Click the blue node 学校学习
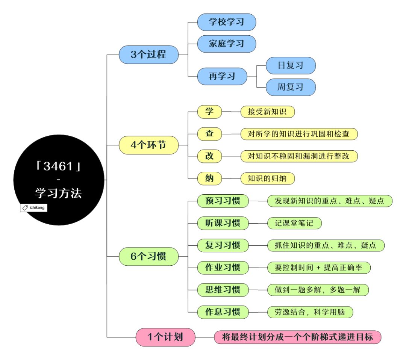[x=226, y=22]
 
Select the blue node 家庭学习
[x=226, y=44]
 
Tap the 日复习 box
[x=290, y=65]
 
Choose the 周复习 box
[x=290, y=87]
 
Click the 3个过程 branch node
[x=148, y=54]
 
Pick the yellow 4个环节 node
[x=148, y=145]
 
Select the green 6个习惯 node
[x=148, y=257]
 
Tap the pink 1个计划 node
[x=165, y=337]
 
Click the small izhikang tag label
[x=33, y=207]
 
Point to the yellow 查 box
[x=209, y=134]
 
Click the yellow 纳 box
[x=209, y=178]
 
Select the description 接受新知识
[x=267, y=112]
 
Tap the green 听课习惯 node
[x=223, y=223]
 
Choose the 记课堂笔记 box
[x=294, y=223]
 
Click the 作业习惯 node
[x=223, y=268]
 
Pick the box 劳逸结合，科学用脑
[x=310, y=312]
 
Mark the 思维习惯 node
[x=223, y=290]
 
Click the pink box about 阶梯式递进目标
[x=297, y=337]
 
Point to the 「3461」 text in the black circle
[x=58, y=166]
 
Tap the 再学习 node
[x=222, y=76]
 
